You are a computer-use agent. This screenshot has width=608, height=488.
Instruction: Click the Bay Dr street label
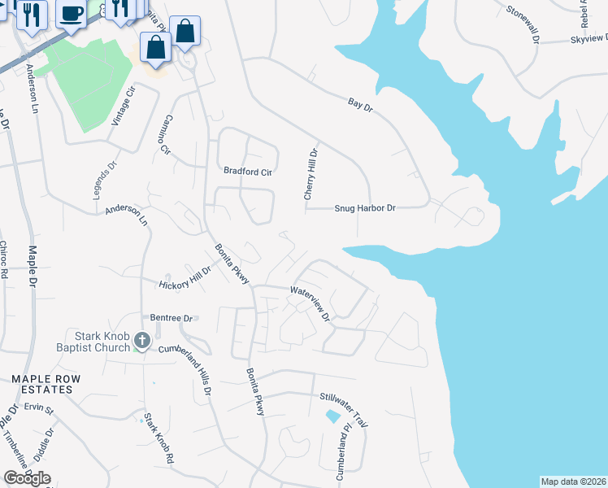pyautogui.click(x=359, y=106)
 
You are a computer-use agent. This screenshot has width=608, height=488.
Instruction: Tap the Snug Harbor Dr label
pyautogui.click(x=365, y=208)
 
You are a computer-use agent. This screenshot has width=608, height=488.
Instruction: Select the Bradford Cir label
pyautogui.click(x=248, y=172)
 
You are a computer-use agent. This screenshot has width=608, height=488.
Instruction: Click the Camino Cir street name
pyautogui.click(x=166, y=134)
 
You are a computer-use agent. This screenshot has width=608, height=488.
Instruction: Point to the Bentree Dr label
pyautogui.click(x=170, y=318)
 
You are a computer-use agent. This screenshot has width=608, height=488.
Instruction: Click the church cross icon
pyautogui.click(x=142, y=341)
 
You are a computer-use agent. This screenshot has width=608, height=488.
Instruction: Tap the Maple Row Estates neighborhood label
pyautogui.click(x=41, y=384)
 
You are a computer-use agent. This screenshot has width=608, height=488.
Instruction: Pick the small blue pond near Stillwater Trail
pyautogui.click(x=332, y=416)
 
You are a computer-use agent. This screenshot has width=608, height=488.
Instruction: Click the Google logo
pyautogui.click(x=27, y=478)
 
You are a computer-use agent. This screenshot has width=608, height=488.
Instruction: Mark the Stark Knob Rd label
pyautogui.click(x=159, y=439)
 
